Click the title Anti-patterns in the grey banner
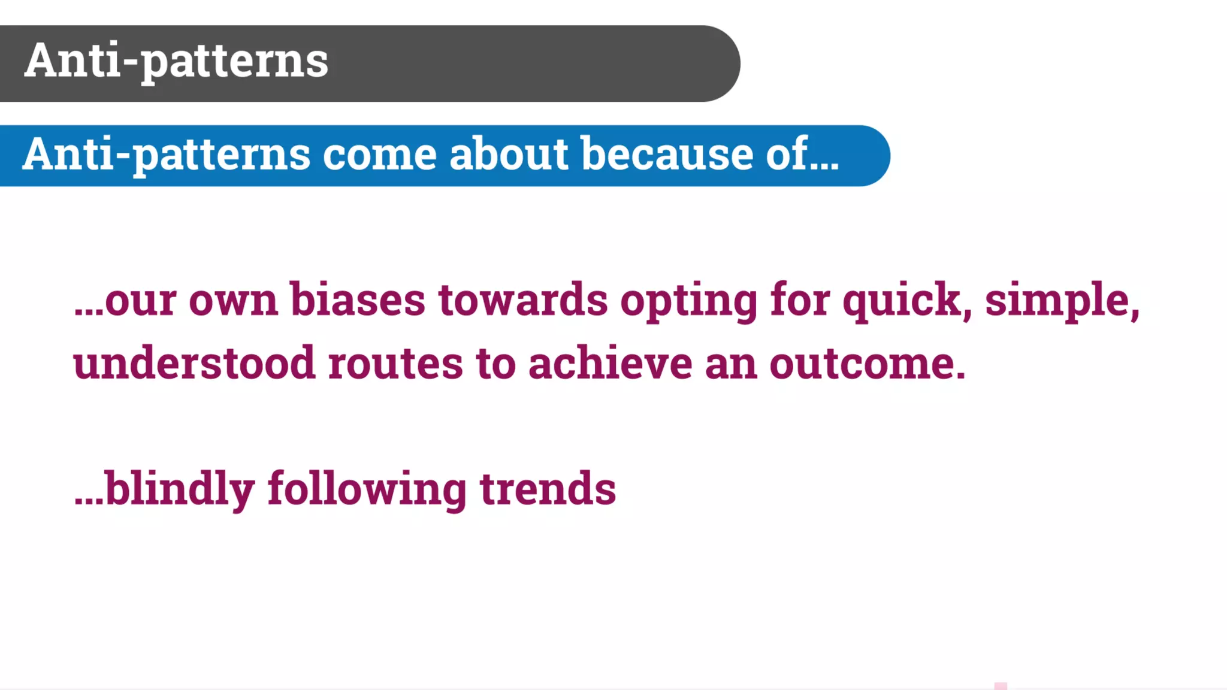point(176,61)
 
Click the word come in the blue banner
point(380,155)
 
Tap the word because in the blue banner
point(667,155)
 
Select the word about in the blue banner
point(508,155)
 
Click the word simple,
point(1062,301)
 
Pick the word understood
point(194,364)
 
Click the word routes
point(395,364)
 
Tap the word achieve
point(610,364)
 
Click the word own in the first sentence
point(233,301)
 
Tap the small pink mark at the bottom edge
point(1001,686)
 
